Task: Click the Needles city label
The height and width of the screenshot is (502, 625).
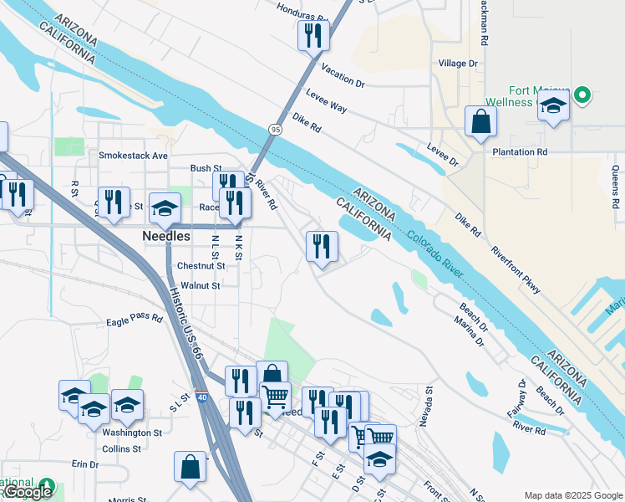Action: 165,237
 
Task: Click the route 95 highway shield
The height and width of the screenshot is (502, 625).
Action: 275,129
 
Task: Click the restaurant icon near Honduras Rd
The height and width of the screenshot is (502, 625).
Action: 313,35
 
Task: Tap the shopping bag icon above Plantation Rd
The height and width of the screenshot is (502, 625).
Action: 480,122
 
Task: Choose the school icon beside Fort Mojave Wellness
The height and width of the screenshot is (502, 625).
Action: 553,106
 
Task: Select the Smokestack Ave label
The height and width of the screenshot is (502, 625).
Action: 133,156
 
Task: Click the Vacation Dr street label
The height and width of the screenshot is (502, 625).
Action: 343,78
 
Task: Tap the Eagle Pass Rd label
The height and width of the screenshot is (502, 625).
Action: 134,319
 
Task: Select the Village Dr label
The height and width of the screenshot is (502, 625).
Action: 458,63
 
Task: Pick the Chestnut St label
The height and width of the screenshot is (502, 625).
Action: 201,266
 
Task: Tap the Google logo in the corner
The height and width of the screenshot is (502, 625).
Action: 27,492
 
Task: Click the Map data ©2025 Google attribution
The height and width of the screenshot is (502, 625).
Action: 572,495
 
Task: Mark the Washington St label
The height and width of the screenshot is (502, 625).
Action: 132,433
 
